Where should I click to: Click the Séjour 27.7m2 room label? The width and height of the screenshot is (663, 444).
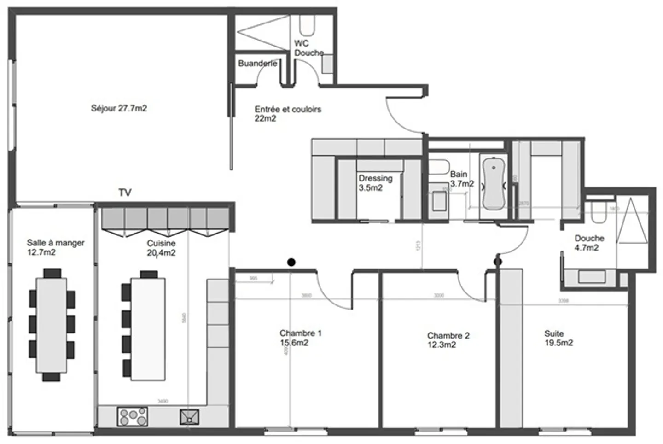(x=119, y=109)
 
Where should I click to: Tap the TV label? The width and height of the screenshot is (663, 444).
(x=125, y=193)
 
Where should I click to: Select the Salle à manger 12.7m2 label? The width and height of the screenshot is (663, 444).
(x=55, y=247)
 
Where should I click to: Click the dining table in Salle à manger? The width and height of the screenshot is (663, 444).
(x=52, y=325)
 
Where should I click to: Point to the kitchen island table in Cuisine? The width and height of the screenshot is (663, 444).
(x=148, y=328)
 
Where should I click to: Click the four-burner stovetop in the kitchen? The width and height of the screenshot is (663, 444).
(x=133, y=416)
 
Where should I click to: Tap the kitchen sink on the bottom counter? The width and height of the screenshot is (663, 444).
(x=189, y=417)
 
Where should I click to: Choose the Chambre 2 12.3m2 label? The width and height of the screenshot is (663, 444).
(x=448, y=340)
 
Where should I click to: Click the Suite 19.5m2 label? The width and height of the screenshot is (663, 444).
(x=558, y=338)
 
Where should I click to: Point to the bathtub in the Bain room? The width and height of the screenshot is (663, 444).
(x=493, y=183)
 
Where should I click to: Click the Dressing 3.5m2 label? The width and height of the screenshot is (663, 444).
(x=375, y=183)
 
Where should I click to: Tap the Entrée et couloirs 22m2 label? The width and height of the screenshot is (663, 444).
(x=287, y=113)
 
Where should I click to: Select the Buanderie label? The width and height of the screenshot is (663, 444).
(x=257, y=64)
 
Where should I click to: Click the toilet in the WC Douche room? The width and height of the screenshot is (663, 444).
(x=306, y=25)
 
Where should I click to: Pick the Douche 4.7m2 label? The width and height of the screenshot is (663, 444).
(x=589, y=243)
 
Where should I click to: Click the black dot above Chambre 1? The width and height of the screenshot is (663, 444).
(x=291, y=263)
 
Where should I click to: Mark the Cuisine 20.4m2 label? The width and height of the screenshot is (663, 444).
(x=161, y=248)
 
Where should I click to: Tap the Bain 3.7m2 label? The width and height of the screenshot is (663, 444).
(x=461, y=179)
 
